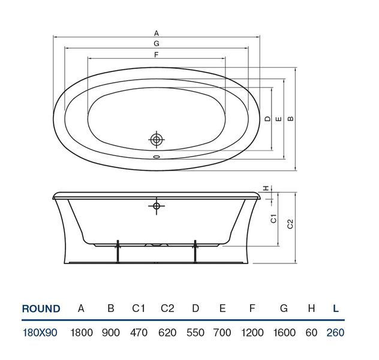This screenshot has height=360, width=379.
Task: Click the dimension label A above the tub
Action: tap(157, 33)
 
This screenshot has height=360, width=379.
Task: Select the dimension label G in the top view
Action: tap(157, 44)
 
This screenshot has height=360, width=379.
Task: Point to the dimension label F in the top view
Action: tap(156, 55)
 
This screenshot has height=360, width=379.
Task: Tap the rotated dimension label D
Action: tap(267, 119)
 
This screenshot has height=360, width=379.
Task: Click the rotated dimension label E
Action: tap(279, 119)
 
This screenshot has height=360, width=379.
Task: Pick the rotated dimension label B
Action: tap(290, 119)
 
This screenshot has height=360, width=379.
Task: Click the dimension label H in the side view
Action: tap(266, 188)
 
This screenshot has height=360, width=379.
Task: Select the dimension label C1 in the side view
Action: tap(273, 218)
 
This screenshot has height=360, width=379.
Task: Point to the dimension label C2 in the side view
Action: tap(290, 224)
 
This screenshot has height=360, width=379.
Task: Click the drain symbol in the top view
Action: tap(157, 140)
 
